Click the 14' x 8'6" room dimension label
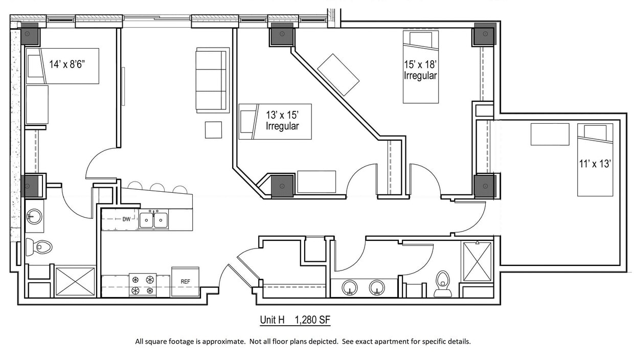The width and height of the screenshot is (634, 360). [x=71, y=64]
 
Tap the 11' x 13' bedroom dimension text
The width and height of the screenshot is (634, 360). [x=595, y=164]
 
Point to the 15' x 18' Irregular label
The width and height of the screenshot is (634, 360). [x=420, y=71]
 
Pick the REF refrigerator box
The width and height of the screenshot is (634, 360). [x=185, y=281]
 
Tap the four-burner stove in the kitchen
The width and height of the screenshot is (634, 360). [x=143, y=285]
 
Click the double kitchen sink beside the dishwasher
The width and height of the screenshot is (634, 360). [x=153, y=220]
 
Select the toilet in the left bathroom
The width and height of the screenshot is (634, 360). [x=39, y=247]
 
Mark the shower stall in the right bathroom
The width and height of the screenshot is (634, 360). [x=477, y=261]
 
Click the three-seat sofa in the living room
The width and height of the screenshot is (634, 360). [x=212, y=80]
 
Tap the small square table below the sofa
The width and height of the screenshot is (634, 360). [x=213, y=130]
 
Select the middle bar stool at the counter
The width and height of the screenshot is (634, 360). [x=157, y=188]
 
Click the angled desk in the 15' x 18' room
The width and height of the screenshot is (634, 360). [x=338, y=75]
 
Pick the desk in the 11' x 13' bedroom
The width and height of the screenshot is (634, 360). [x=550, y=134]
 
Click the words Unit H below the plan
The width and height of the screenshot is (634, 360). [x=272, y=320]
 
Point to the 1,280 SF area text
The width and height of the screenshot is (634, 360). [x=312, y=320]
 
